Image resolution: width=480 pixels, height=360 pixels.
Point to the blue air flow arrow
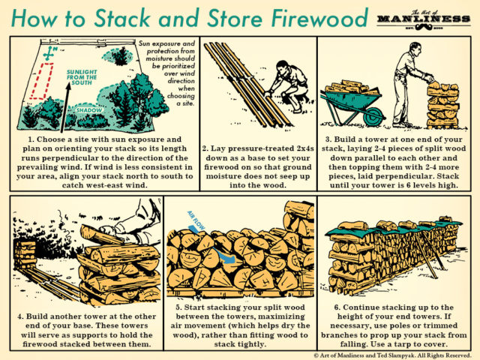tap(224, 252)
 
